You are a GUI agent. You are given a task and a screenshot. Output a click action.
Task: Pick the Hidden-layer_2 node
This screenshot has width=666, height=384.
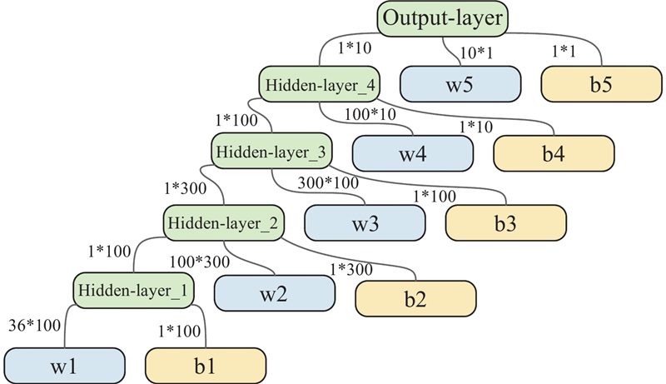click(x=224, y=222)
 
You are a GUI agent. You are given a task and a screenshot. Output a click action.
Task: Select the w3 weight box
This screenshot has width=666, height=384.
click(x=365, y=222)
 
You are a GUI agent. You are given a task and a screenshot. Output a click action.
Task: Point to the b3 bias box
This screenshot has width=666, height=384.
click(x=506, y=222)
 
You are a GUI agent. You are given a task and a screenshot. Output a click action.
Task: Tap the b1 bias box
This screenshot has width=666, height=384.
click(x=205, y=364)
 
